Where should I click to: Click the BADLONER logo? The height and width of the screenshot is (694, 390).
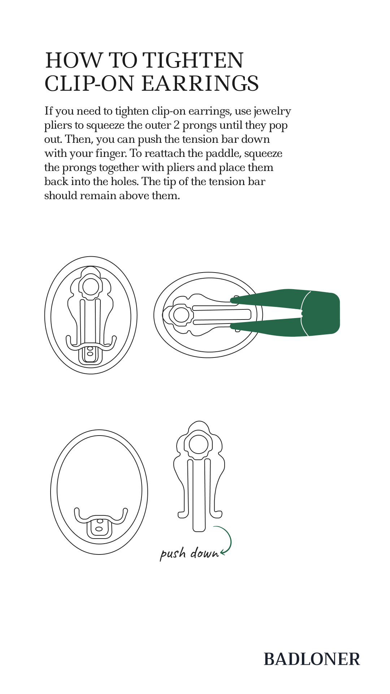312,659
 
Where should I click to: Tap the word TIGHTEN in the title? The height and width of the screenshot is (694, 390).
195,60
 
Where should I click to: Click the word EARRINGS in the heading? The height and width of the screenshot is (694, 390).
200,83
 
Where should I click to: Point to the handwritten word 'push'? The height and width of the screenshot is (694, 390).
173,554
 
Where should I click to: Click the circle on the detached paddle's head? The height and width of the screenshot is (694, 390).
199,445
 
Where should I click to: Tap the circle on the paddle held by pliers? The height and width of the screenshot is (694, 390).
181,315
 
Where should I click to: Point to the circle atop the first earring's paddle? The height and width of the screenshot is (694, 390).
91,287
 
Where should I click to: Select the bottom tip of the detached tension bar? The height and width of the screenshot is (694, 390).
199,531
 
